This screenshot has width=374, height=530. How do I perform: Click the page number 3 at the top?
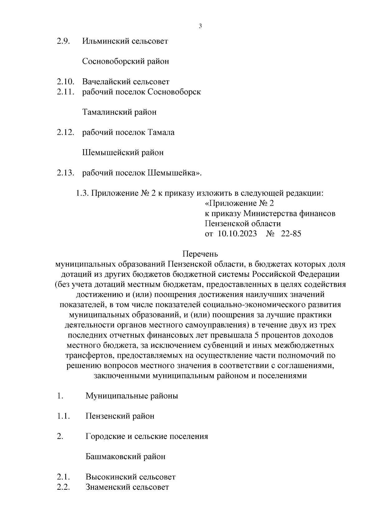point(200,26)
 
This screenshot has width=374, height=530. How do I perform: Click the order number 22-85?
point(291,233)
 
